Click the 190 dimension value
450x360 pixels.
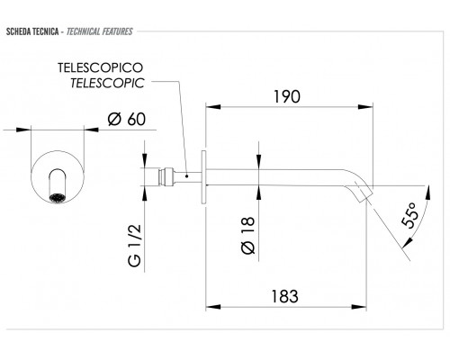287,96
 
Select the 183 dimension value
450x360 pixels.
285,296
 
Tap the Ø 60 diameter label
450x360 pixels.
127,119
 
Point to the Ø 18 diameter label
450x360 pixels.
247,236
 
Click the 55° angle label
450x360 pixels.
409,215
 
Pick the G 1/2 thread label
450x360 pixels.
134,246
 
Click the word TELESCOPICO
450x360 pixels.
100,67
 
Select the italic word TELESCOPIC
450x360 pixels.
107,83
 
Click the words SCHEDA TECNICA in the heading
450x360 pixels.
32,31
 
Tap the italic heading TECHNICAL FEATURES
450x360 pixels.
100,31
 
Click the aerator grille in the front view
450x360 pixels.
57,198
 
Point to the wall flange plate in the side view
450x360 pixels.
203,177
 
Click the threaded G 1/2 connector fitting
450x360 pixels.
166,177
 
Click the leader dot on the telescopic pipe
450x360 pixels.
187,176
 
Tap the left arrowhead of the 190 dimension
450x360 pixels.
213,106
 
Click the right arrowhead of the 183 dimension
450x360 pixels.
359,307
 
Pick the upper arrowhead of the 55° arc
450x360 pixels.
428,192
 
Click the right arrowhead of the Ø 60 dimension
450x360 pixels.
91,130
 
